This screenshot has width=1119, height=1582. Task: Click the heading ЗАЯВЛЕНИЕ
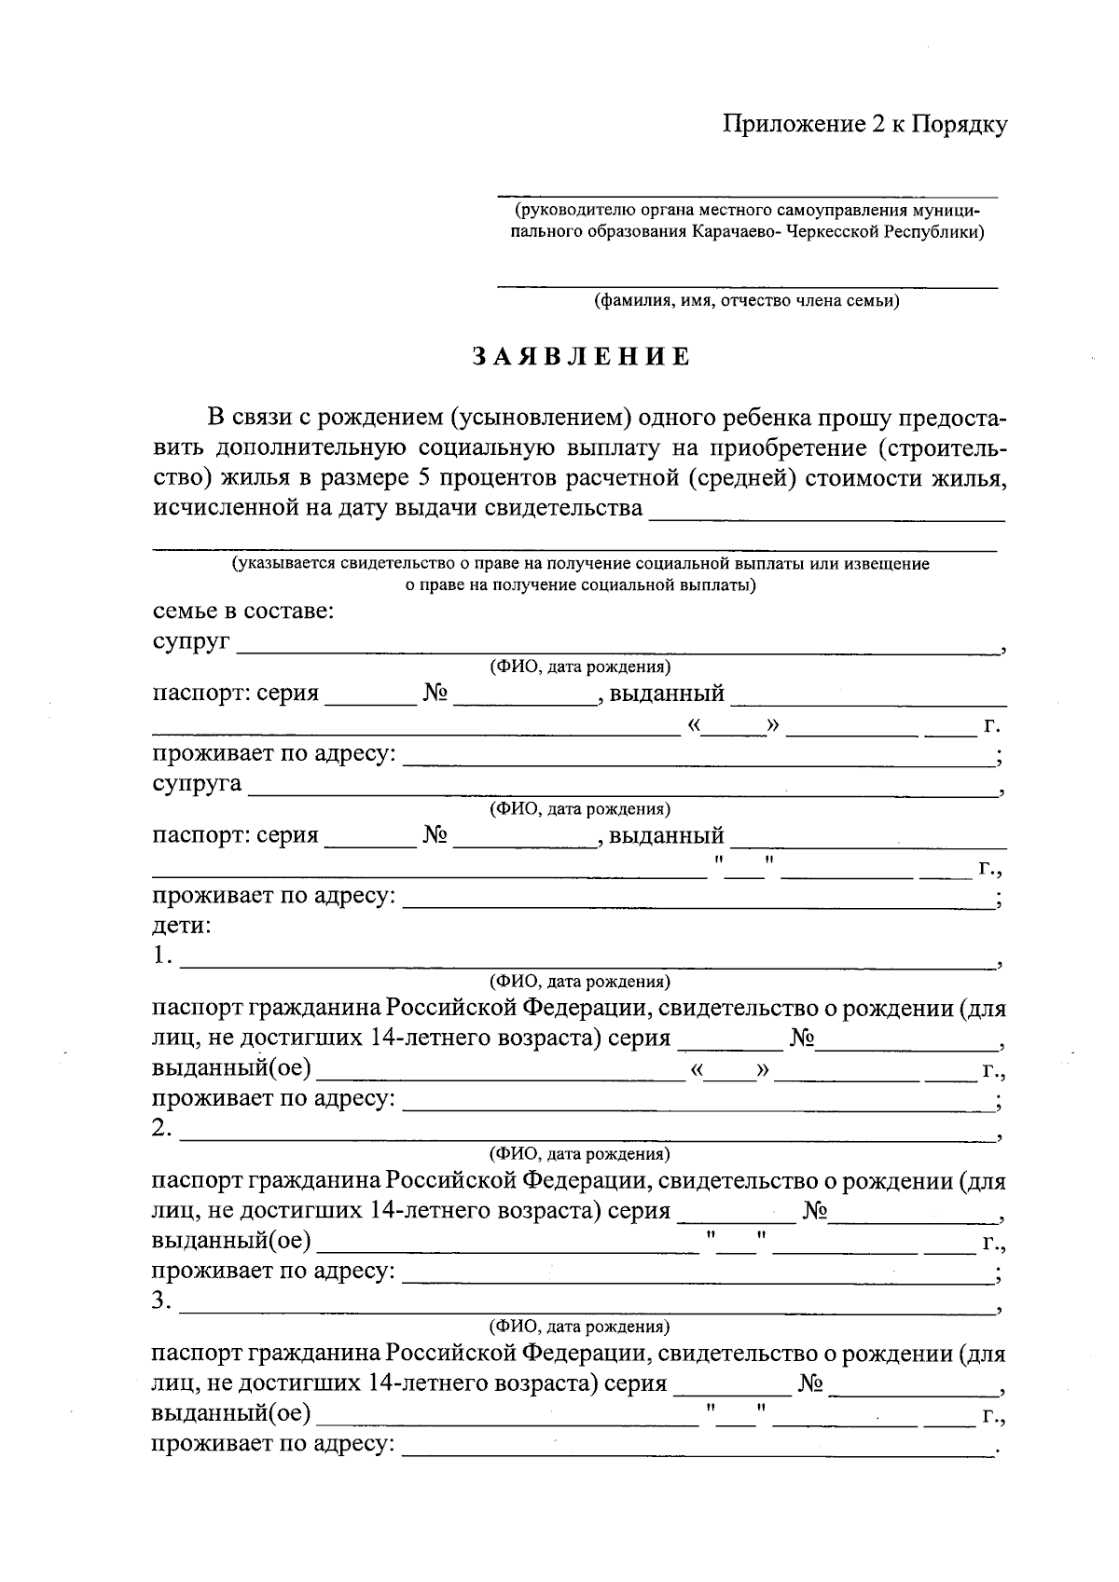point(580,358)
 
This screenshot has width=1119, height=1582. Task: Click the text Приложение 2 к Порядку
point(865,124)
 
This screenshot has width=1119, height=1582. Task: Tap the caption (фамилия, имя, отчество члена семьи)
point(747,301)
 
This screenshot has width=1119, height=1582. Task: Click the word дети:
point(182,926)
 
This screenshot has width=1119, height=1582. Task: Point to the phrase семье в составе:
point(243,612)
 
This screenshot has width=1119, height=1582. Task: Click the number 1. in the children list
point(163,956)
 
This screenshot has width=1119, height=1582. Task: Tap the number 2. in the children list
point(163,1129)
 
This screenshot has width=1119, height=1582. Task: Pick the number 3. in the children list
point(163,1301)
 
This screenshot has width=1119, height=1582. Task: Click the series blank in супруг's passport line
point(370,699)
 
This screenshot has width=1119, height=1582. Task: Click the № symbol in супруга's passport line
point(435,834)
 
